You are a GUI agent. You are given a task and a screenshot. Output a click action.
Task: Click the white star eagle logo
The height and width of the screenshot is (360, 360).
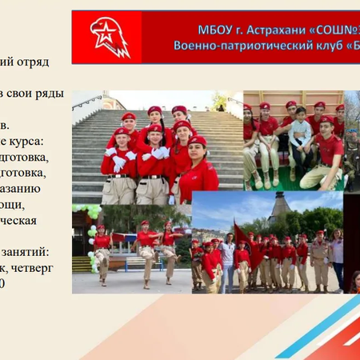110,37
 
